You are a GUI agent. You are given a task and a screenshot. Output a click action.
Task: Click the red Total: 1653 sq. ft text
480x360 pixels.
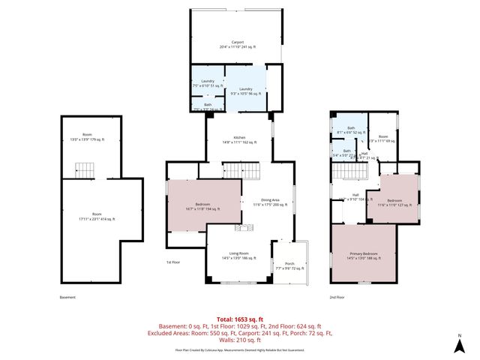(x=239, y=319)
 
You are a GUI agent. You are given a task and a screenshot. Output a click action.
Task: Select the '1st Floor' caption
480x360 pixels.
(x=173, y=262)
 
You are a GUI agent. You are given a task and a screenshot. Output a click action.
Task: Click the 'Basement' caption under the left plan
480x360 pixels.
(x=67, y=297)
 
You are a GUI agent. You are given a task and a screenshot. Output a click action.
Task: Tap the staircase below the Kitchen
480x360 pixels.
(x=242, y=169)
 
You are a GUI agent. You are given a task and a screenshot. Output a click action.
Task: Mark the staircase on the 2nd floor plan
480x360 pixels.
(x=348, y=172)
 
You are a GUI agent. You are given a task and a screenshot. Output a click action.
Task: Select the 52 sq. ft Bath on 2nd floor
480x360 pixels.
(x=350, y=130)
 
